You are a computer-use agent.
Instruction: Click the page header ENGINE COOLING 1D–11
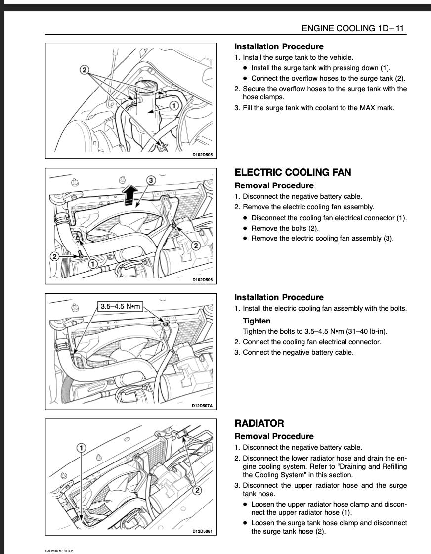353,28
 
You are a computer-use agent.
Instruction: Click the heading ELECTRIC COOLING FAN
293,172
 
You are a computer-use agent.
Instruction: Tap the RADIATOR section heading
259,423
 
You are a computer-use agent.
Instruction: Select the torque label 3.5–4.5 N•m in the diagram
121,306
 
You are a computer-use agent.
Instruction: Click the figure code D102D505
203,154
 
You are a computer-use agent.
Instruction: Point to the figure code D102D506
203,280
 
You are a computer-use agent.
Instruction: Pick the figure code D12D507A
203,406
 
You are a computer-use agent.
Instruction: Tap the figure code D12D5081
203,532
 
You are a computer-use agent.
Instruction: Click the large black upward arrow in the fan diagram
129,195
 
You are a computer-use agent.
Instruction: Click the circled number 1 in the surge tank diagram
174,106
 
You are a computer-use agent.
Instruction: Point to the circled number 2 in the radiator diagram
197,490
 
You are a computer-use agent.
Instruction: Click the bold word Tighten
257,321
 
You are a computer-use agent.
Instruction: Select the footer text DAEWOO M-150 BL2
59,550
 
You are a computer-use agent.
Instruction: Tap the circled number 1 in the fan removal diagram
92,264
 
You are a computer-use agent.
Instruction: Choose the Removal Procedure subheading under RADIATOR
274,436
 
